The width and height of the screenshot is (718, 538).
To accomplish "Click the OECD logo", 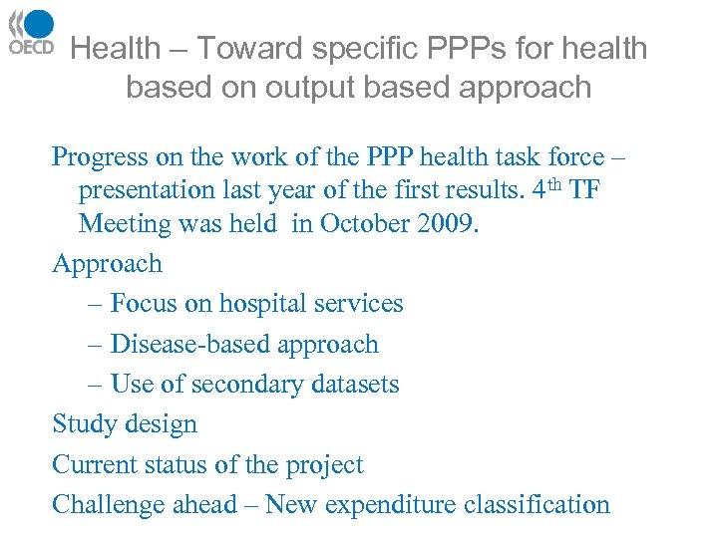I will click(x=30, y=33).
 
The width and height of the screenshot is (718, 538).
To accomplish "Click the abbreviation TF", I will click(x=584, y=190).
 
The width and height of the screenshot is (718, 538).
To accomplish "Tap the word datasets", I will click(x=354, y=384).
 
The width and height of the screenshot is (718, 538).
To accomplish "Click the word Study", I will click(x=82, y=424).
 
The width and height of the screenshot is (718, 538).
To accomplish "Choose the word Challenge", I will click(x=107, y=504).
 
